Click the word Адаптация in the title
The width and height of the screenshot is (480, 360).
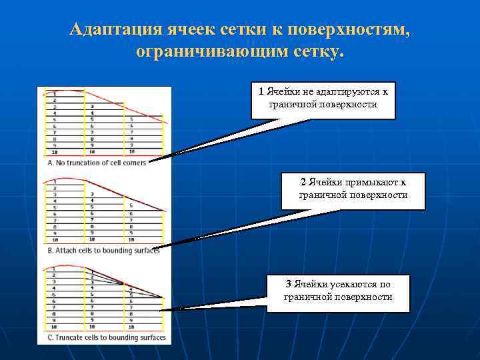112,30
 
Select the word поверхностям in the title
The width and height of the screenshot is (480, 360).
357,30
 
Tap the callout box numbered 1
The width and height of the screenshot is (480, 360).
323,100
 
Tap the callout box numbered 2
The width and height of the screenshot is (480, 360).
353,191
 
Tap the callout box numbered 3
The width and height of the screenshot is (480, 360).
337,293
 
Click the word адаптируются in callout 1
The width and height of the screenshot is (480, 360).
345,92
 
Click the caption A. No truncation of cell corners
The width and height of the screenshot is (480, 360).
97,163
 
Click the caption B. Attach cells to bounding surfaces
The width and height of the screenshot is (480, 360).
103,251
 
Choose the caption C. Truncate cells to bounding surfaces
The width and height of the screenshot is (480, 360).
107,338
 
